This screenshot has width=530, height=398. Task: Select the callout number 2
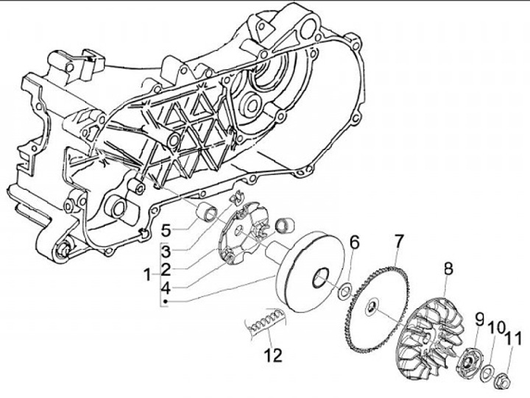[166, 269]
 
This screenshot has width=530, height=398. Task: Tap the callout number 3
[166, 248]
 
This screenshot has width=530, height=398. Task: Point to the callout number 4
[166, 288]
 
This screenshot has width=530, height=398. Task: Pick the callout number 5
[166, 227]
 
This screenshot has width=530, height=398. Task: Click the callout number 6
[354, 241]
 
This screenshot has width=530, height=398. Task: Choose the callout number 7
[398, 241]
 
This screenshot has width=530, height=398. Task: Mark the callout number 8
[448, 269]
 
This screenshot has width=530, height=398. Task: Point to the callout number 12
[274, 356]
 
